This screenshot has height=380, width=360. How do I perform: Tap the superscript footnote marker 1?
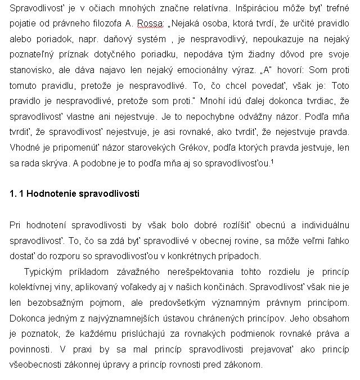272,161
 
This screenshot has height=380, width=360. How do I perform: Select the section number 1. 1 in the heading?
17,193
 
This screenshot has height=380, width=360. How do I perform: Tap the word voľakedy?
131,287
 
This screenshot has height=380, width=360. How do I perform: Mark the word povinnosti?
30,349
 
